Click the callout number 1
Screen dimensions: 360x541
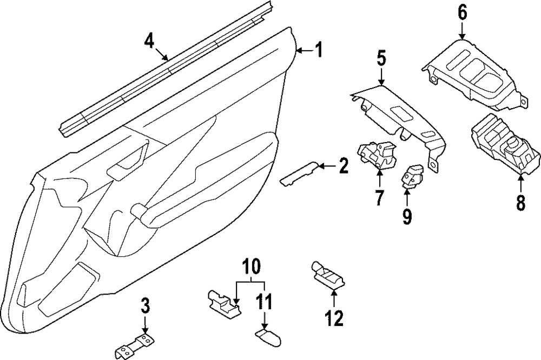coord(319,50)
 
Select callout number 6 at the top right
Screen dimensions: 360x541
coord(462,12)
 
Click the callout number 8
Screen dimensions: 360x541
coord(520,203)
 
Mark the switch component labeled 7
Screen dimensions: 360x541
coord(376,154)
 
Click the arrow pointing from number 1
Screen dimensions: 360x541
coord(305,51)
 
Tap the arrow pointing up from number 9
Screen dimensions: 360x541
coord(406,195)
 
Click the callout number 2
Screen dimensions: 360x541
coord(342,167)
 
